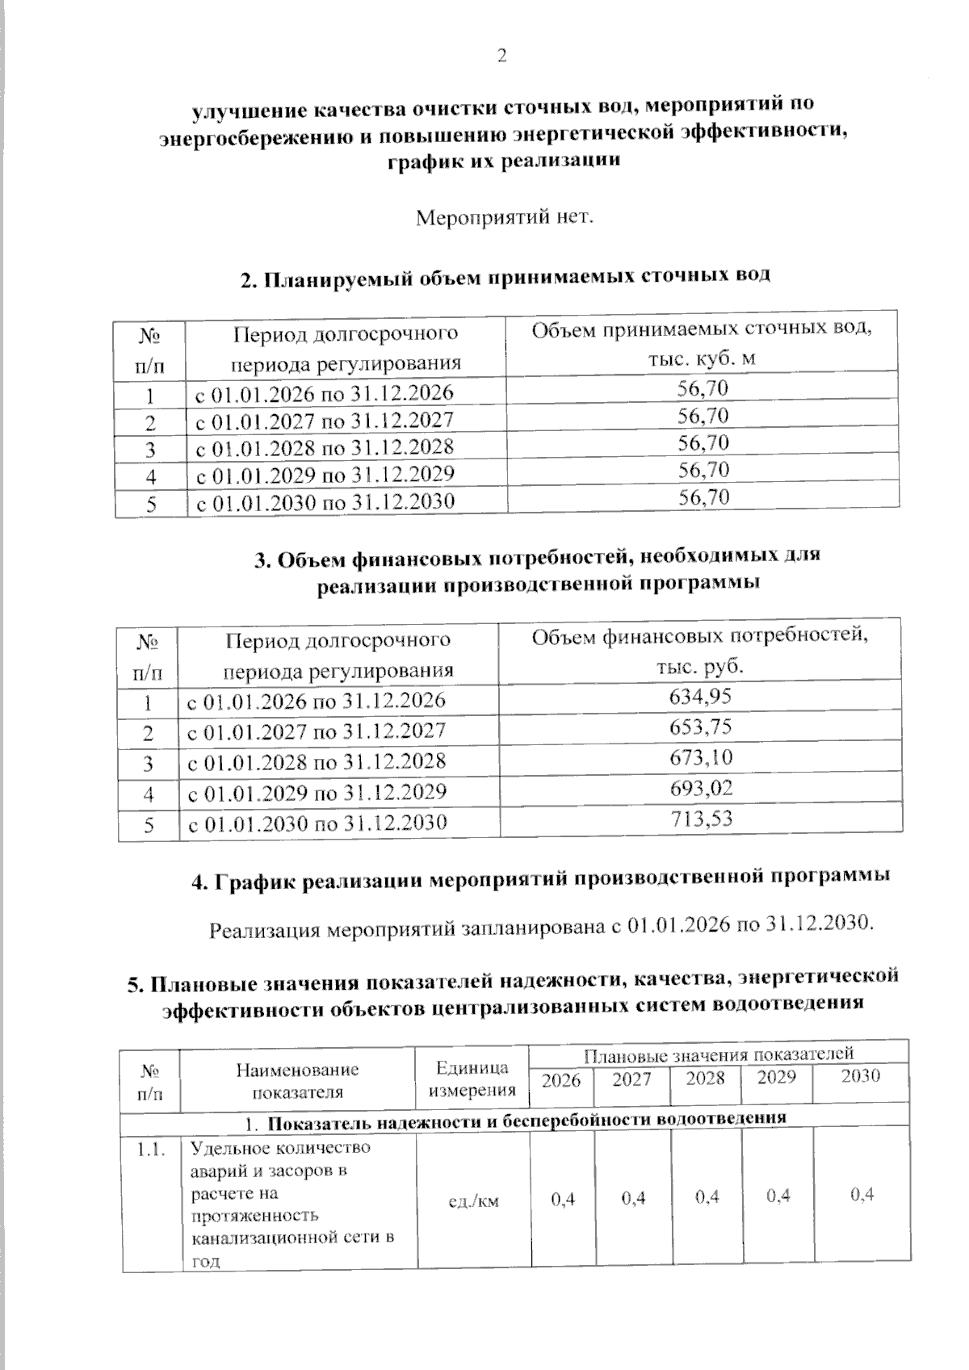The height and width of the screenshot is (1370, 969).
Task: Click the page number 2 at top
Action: click(501, 56)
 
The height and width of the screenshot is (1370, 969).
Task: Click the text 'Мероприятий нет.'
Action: click(505, 218)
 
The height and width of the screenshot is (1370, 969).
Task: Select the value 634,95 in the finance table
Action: click(700, 696)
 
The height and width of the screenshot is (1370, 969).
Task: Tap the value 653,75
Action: click(700, 727)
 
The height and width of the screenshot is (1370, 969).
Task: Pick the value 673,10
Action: click(700, 757)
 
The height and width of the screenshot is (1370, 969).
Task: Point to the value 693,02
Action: click(700, 788)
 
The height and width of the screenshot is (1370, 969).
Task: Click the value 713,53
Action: click(700, 819)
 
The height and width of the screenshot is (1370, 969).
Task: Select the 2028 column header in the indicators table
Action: click(705, 1078)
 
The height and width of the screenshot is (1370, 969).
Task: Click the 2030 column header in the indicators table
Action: click(860, 1076)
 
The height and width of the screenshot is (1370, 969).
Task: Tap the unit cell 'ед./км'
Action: click(473, 1200)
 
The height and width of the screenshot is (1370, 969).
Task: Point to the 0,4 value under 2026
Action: click(563, 1199)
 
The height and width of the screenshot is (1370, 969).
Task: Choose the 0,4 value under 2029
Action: click(778, 1196)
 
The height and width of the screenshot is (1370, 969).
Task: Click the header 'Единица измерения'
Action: click(472, 1079)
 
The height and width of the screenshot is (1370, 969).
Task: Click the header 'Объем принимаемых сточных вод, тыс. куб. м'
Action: click(702, 343)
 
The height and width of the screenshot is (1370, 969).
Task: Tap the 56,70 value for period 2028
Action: click(703, 443)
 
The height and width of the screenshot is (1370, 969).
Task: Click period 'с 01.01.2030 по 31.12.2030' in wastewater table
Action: click(325, 502)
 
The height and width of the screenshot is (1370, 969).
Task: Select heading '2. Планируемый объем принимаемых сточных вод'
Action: click(505, 277)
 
